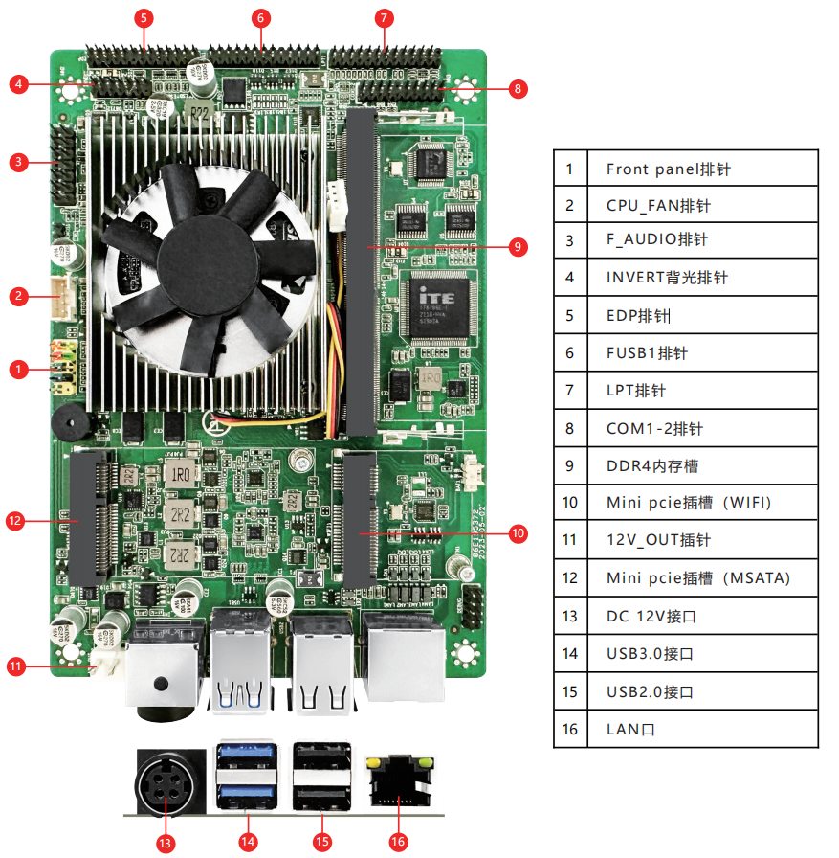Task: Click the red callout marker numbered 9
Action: point(518,247)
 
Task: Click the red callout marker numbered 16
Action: point(398,842)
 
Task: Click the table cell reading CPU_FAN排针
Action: point(701,205)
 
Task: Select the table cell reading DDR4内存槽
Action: point(701,465)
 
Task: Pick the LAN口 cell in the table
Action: point(701,729)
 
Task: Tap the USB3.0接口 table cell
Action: point(701,654)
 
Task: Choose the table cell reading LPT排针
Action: point(701,391)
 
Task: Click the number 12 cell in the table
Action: point(570,578)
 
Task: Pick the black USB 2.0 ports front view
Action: point(322,778)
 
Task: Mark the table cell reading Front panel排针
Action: point(701,169)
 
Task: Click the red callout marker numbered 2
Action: point(18,296)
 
